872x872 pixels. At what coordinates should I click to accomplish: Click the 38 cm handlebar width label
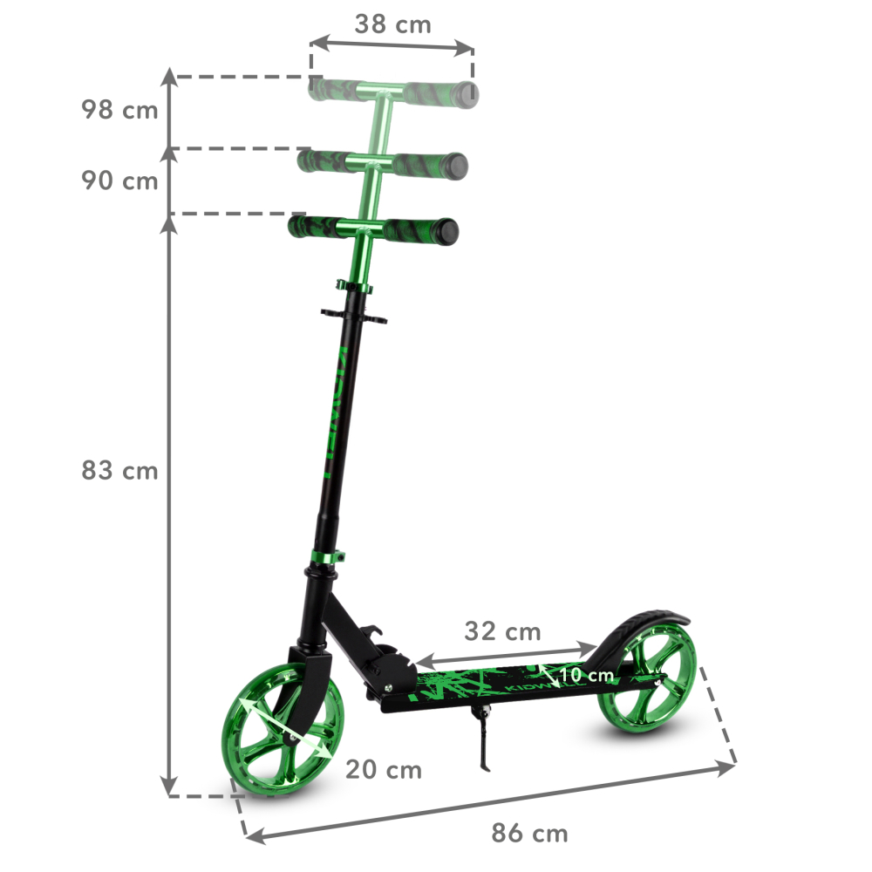tap(392, 24)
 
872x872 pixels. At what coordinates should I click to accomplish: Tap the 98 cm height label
tap(119, 111)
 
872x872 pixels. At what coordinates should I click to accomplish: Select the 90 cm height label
tap(119, 181)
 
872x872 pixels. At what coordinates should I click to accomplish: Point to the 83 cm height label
tap(119, 471)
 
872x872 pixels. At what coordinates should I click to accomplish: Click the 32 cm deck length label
tap(501, 630)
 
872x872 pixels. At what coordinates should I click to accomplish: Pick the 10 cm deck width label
tap(586, 675)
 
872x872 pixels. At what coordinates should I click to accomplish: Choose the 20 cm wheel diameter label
tap(383, 770)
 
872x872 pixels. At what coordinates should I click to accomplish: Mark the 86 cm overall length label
tap(529, 834)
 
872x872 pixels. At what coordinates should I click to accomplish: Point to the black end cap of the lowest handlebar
tap(449, 231)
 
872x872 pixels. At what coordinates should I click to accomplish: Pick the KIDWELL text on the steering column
tap(336, 410)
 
